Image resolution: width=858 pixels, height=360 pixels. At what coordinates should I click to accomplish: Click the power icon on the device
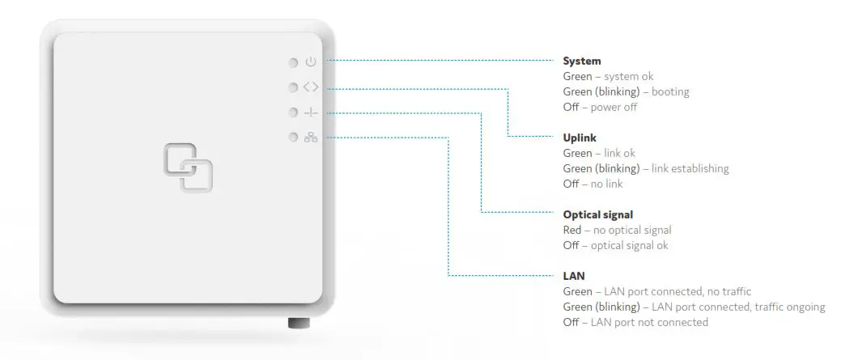311,62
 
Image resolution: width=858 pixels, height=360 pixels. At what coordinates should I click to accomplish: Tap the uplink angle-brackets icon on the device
311,87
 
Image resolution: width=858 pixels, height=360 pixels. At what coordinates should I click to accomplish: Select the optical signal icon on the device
311,112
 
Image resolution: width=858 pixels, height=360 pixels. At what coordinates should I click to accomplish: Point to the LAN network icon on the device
311,138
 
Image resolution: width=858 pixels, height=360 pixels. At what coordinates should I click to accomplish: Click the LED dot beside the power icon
293,62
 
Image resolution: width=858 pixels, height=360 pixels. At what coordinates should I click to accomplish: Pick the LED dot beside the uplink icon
293,87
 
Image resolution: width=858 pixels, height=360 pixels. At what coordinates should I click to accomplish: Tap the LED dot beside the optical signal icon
293,112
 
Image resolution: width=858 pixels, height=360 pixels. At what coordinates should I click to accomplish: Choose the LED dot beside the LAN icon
293,138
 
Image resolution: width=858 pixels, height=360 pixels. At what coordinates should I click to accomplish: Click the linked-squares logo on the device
189,167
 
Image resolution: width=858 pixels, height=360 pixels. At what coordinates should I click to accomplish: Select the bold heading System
582,61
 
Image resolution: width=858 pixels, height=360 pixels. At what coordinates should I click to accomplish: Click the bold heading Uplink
580,138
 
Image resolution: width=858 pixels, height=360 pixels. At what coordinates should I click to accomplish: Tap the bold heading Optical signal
597,215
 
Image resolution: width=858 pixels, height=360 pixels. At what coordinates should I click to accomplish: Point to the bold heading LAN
574,277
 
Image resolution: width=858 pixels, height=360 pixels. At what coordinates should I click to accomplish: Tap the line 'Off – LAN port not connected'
635,323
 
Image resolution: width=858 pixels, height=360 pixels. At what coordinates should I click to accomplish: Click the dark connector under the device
299,324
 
